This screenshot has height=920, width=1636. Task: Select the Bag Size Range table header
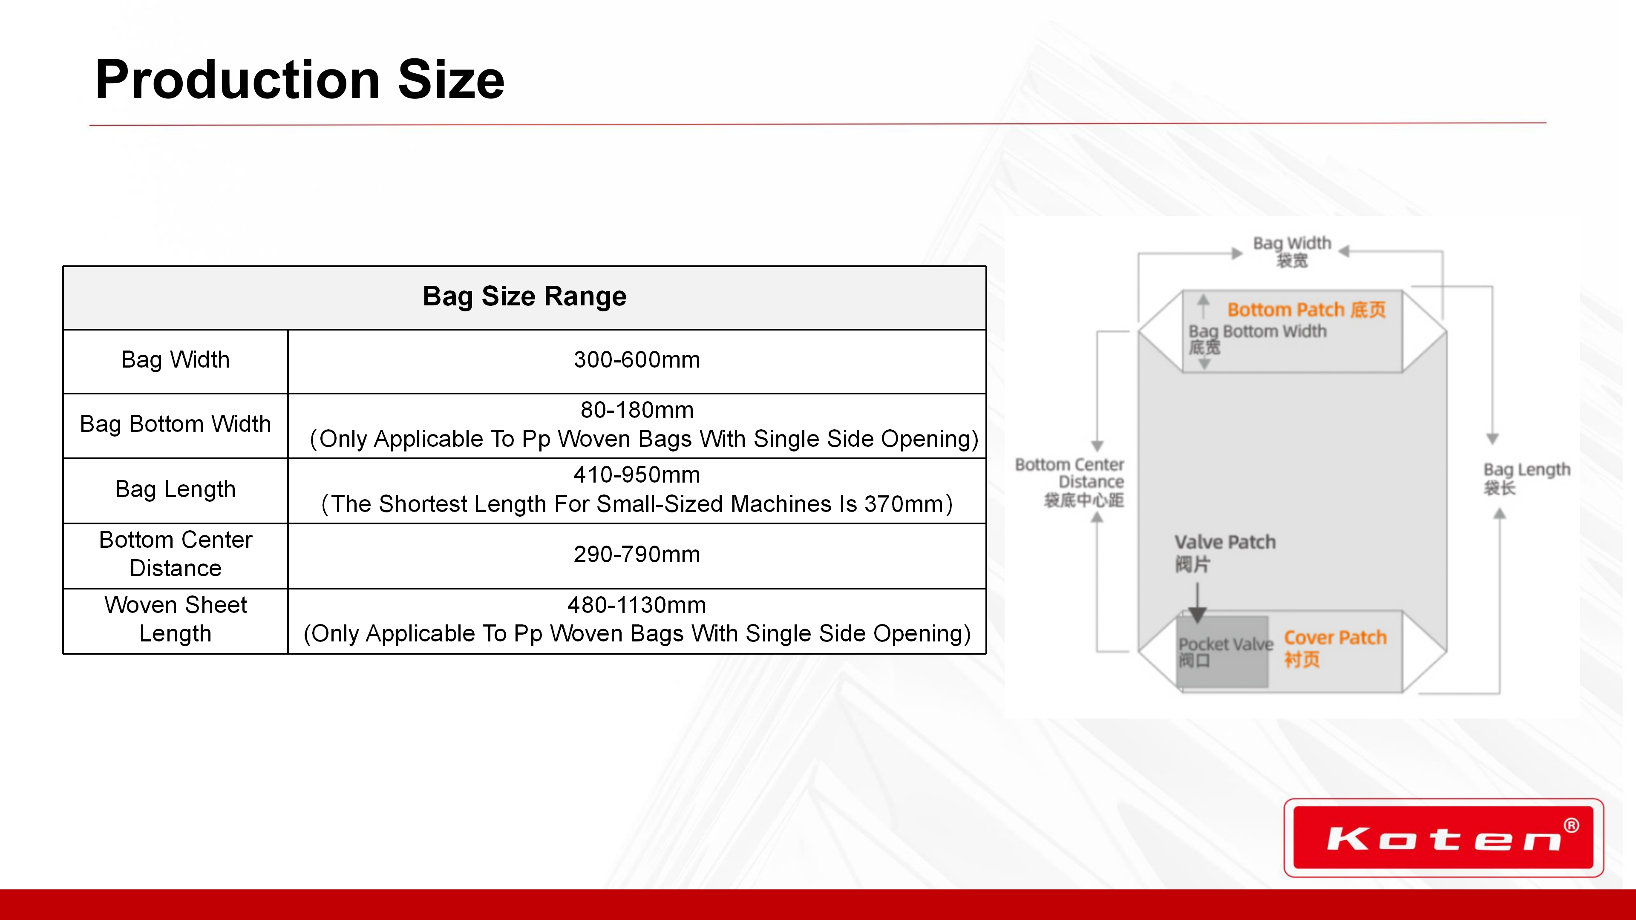tap(524, 296)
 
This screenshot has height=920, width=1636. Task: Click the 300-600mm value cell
tap(637, 360)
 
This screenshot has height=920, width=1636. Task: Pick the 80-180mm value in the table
tap(637, 410)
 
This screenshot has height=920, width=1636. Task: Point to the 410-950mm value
tap(637, 475)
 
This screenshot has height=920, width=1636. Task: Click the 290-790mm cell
tap(637, 554)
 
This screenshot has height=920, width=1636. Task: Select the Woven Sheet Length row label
tap(175, 619)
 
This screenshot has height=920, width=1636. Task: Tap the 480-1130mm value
tap(637, 605)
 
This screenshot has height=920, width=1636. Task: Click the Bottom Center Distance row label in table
tap(175, 554)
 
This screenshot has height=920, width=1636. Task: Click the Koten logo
tap(1443, 838)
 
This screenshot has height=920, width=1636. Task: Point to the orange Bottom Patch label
tap(1306, 310)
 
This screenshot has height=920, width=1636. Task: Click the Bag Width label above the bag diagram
tap(1292, 251)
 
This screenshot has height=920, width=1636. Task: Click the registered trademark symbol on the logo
tap(1571, 825)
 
